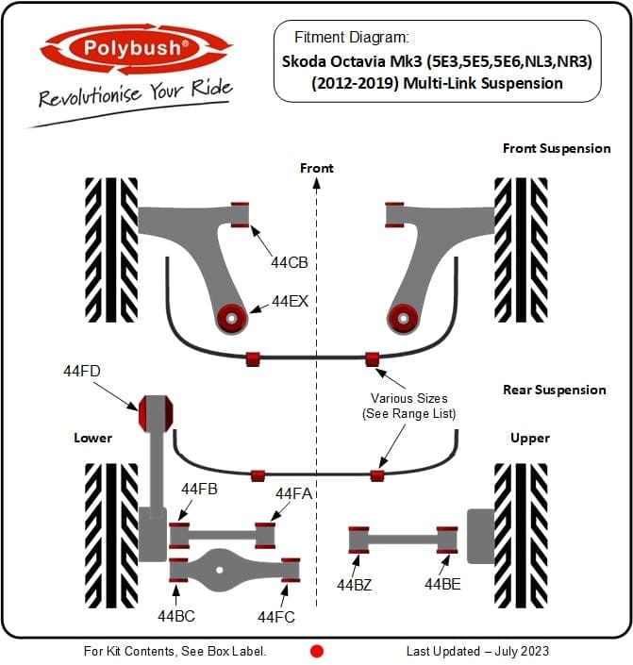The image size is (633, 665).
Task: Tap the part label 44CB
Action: click(290, 262)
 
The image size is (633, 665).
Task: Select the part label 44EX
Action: click(290, 302)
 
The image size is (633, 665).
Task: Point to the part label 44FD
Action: click(82, 371)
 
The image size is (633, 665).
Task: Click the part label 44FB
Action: click(199, 489)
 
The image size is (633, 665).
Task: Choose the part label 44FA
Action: click(293, 493)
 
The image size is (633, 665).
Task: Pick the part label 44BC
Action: click(176, 616)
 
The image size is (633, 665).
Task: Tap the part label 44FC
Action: click(276, 617)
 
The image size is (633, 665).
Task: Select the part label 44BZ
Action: click(355, 585)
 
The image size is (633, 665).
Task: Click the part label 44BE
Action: click(442, 585)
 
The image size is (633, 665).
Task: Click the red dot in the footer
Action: click(317, 651)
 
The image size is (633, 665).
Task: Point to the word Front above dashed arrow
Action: click(317, 168)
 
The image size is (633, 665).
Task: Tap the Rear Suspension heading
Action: click(555, 390)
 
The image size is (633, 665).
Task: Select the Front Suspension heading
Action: click(557, 148)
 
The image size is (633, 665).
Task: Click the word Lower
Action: click(92, 438)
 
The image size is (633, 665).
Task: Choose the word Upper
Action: click(530, 438)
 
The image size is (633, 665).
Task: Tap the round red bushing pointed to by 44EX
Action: click(232, 319)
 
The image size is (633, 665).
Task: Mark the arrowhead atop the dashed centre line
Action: click(317, 183)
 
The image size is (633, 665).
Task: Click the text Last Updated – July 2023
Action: click(477, 651)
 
